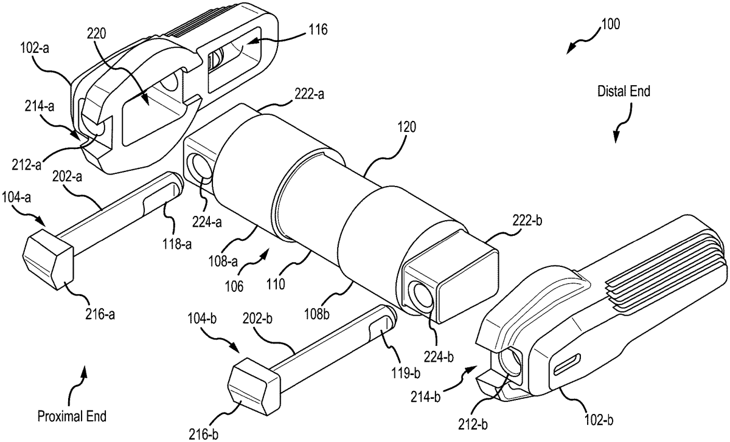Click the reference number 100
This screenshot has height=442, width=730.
[x=610, y=24]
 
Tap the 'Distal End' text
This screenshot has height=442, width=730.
[x=624, y=91]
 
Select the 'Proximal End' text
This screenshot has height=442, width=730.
[x=72, y=416]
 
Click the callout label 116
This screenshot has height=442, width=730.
[x=318, y=30]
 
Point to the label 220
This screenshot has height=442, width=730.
[x=97, y=33]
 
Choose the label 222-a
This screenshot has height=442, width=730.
[x=309, y=94]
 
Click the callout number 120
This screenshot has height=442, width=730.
[x=406, y=127]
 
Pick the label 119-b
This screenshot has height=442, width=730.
[x=405, y=373]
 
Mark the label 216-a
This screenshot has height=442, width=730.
[x=100, y=315]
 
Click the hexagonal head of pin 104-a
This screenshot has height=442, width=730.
[x=48, y=259]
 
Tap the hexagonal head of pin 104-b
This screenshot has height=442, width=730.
[x=254, y=386]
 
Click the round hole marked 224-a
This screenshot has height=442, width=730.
[x=202, y=167]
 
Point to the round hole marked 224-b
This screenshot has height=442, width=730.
[x=423, y=295]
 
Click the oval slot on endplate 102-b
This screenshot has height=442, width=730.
[x=567, y=364]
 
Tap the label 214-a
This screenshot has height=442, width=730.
[x=40, y=106]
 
